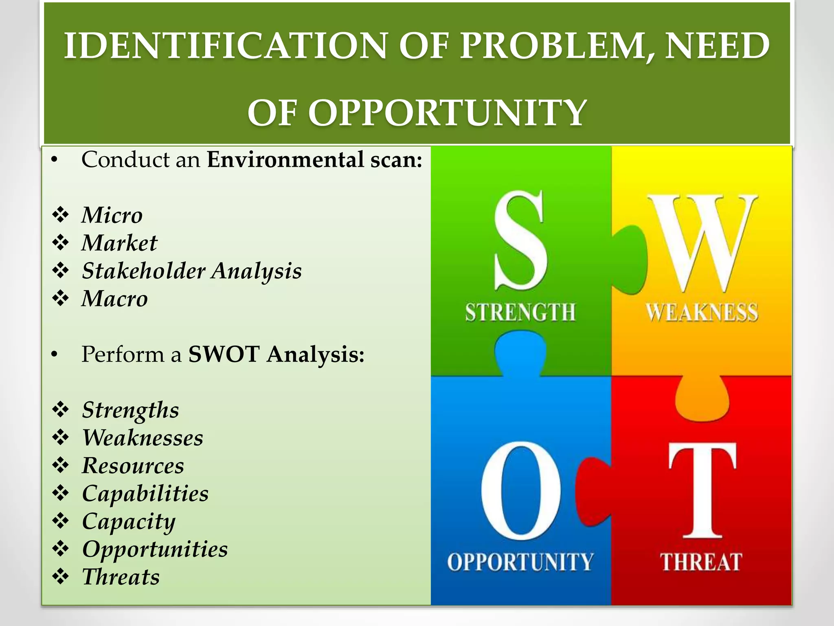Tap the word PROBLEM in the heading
(x=557, y=46)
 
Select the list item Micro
(x=112, y=215)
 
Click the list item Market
(x=119, y=243)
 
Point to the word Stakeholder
(x=143, y=271)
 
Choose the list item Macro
(x=114, y=298)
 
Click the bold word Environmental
(x=285, y=159)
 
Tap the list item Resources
(x=133, y=465)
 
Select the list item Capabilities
(x=145, y=493)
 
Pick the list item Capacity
(x=129, y=522)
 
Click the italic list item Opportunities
(x=155, y=549)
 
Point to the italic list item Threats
(x=121, y=577)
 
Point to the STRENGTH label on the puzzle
(x=520, y=313)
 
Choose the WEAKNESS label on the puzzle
(x=702, y=313)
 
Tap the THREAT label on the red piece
(x=701, y=562)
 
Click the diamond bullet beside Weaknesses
(x=61, y=438)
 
